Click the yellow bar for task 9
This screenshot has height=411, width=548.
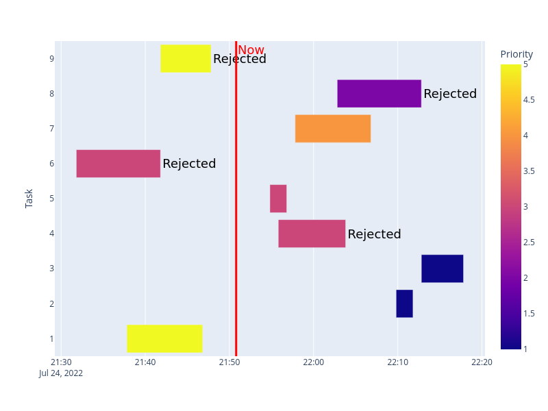pyautogui.click(x=185, y=58)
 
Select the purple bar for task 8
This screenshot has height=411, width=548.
pyautogui.click(x=379, y=93)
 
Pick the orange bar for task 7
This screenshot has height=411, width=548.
pyautogui.click(x=332, y=128)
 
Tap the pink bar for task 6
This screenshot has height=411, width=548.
pyautogui.click(x=118, y=163)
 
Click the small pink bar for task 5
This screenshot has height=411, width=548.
pyautogui.click(x=278, y=199)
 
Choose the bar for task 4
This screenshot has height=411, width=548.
pyautogui.click(x=312, y=234)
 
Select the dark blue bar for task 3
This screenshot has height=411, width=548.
pyautogui.click(x=442, y=269)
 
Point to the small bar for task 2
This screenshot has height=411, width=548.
pyautogui.click(x=404, y=303)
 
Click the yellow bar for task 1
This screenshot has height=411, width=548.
pyautogui.click(x=164, y=338)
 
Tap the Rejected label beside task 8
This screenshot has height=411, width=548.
pyautogui.click(x=450, y=94)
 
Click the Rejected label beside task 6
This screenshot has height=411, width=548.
pyautogui.click(x=189, y=164)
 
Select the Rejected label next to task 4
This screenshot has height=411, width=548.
pyautogui.click(x=374, y=234)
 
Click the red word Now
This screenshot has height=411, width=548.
pyautogui.click(x=251, y=50)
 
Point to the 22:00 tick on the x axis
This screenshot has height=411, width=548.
pyautogui.click(x=313, y=362)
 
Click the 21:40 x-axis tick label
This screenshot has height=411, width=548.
pyautogui.click(x=145, y=362)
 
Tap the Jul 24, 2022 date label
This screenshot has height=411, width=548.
pyautogui.click(x=61, y=373)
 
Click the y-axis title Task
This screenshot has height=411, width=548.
pyautogui.click(x=29, y=199)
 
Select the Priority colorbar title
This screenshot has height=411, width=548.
pyautogui.click(x=516, y=55)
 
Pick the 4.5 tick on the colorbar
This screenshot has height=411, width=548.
pyautogui.click(x=529, y=100)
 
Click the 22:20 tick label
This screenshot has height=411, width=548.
pyautogui.click(x=482, y=362)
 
